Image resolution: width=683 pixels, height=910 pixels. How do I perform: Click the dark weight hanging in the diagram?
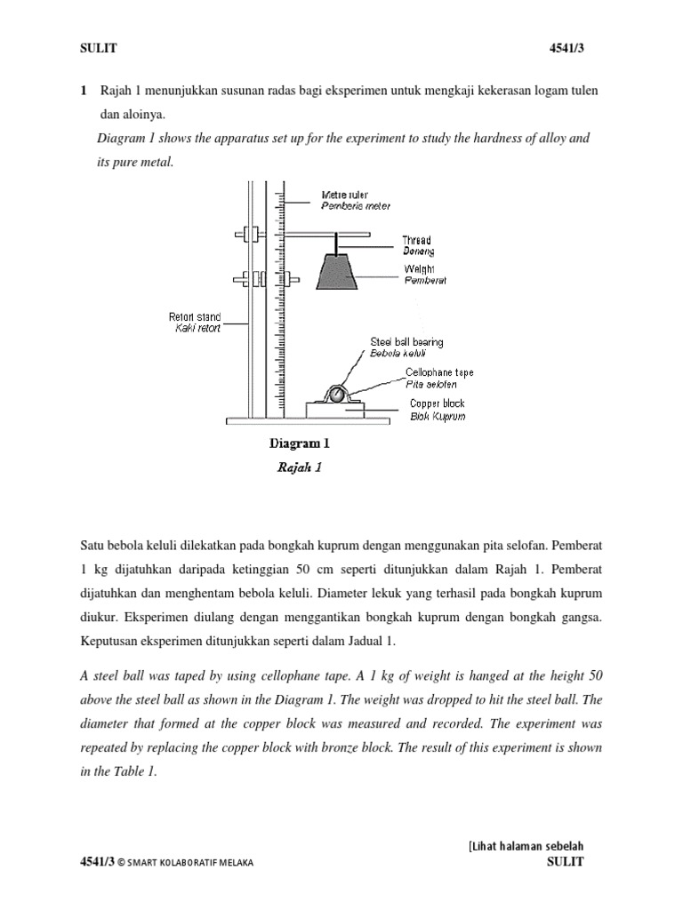337,272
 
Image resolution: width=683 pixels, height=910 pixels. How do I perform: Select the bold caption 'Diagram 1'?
299,442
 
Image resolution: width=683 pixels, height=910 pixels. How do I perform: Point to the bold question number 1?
84,92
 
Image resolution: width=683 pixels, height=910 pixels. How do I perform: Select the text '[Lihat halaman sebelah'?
526,845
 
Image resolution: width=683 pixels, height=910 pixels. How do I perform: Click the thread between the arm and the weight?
337,244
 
